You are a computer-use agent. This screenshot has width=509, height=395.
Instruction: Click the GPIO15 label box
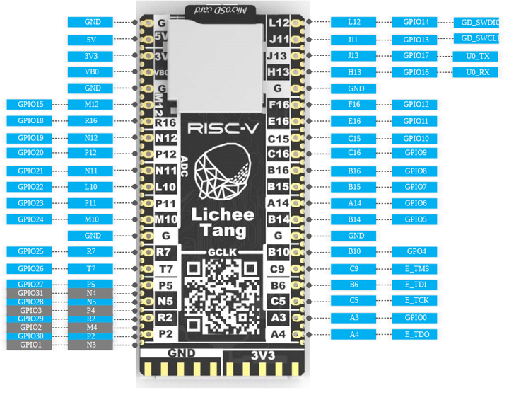tap(30, 104)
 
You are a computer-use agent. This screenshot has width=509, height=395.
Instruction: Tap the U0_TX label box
tap(478, 55)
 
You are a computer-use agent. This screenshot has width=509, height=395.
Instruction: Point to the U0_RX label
tap(478, 72)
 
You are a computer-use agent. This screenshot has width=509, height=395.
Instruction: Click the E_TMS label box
tap(416, 268)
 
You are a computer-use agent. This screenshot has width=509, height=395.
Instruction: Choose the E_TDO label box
tap(416, 334)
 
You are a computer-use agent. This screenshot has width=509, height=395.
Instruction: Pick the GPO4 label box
tap(416, 251)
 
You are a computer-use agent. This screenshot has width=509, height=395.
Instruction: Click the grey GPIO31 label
tap(30, 293)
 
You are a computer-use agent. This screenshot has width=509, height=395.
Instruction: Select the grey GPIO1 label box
tap(30, 345)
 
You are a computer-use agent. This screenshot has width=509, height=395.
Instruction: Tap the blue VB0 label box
tap(92, 71)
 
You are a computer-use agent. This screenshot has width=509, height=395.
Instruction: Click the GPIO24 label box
tap(30, 219)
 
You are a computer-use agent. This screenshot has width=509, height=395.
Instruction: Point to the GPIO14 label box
tap(416, 23)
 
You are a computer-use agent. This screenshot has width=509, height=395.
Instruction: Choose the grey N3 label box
tap(92, 345)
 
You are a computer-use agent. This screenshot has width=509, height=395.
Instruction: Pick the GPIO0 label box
tap(416, 318)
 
